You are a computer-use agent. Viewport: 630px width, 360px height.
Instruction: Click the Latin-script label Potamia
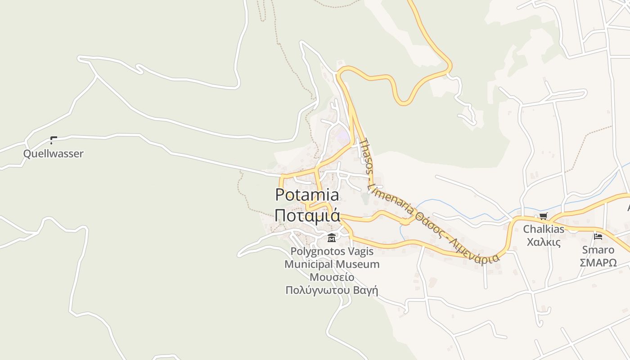[x=307, y=195]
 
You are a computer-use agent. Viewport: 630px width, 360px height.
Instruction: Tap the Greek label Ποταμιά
[x=307, y=215]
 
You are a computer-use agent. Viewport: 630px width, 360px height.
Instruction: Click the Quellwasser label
[x=53, y=153]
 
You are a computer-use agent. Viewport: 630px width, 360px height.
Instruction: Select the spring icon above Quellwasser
[x=53, y=140]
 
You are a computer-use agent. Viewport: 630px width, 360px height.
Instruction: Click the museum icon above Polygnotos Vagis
[x=332, y=238]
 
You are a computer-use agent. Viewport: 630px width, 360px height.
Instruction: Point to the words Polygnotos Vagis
[x=332, y=251]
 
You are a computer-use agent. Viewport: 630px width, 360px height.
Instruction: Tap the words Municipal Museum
[x=332, y=264]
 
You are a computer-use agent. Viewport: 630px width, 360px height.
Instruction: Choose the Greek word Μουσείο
[x=332, y=277]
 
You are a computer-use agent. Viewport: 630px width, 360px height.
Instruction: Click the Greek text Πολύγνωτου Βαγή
[x=332, y=290]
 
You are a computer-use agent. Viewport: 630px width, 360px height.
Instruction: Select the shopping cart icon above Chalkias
[x=544, y=216]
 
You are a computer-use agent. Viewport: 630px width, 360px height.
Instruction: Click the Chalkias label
[x=544, y=229]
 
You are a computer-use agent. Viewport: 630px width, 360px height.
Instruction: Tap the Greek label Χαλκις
[x=544, y=242]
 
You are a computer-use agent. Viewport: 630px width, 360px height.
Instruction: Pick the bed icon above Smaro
[x=598, y=236]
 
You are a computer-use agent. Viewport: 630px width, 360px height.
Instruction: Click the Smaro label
[x=598, y=250]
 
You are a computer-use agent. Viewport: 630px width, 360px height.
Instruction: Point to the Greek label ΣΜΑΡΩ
[x=598, y=263]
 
